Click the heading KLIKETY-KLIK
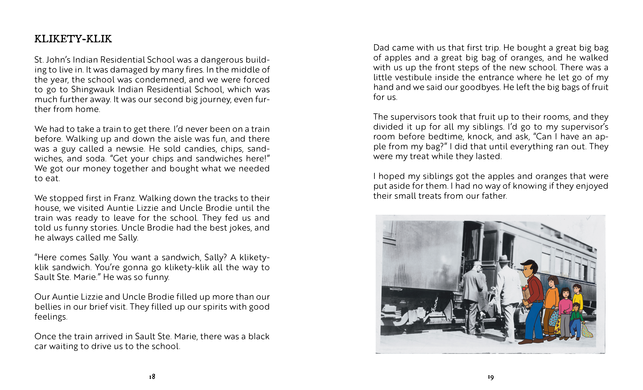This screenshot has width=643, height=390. pyautogui.click(x=73, y=39)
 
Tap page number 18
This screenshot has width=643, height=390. pyautogui.click(x=152, y=376)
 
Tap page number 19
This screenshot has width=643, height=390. pyautogui.click(x=491, y=377)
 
